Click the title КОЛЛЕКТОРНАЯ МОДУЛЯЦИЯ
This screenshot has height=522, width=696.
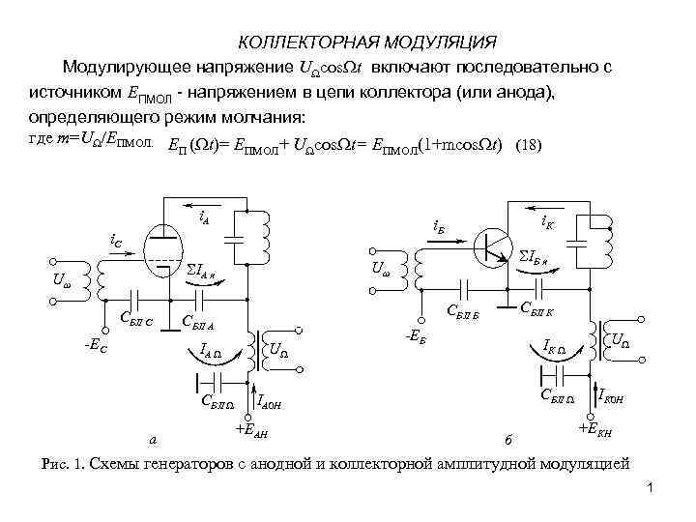367,43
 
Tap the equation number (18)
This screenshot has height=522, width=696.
530,146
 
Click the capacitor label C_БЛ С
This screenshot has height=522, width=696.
137,320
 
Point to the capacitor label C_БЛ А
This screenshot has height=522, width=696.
198,322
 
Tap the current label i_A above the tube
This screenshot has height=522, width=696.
206,218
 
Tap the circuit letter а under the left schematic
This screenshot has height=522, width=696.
153,441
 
